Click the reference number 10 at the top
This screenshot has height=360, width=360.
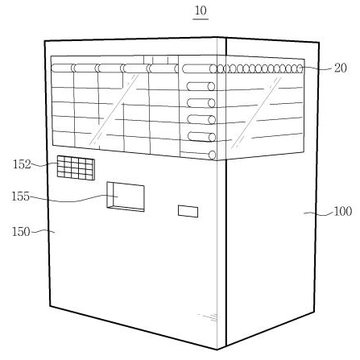[x=201, y=11]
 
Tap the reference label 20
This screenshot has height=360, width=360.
[x=341, y=68]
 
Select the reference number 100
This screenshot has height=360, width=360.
[x=342, y=211]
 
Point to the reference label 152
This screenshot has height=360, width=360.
[x=23, y=164]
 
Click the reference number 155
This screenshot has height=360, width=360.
[x=20, y=197]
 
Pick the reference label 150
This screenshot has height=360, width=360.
[x=21, y=232]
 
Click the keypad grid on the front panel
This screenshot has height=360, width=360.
[x=76, y=168]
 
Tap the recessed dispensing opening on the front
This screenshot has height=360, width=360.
[x=126, y=197]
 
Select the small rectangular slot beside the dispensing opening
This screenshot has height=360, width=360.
[x=188, y=211]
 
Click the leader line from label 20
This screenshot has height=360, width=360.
[x=317, y=68]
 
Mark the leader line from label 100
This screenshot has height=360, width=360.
[x=318, y=213]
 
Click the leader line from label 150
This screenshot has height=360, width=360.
[x=43, y=231]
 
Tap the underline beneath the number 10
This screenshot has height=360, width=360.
[x=201, y=19]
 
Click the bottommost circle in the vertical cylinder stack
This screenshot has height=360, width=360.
[x=212, y=155]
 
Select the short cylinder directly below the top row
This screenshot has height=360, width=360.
[x=201, y=86]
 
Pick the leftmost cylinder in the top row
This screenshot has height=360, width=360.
[x=63, y=68]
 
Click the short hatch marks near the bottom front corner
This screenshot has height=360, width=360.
[x=208, y=317]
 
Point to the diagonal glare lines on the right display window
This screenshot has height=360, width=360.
[x=257, y=113]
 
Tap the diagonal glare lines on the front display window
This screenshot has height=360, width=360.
[x=114, y=110]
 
